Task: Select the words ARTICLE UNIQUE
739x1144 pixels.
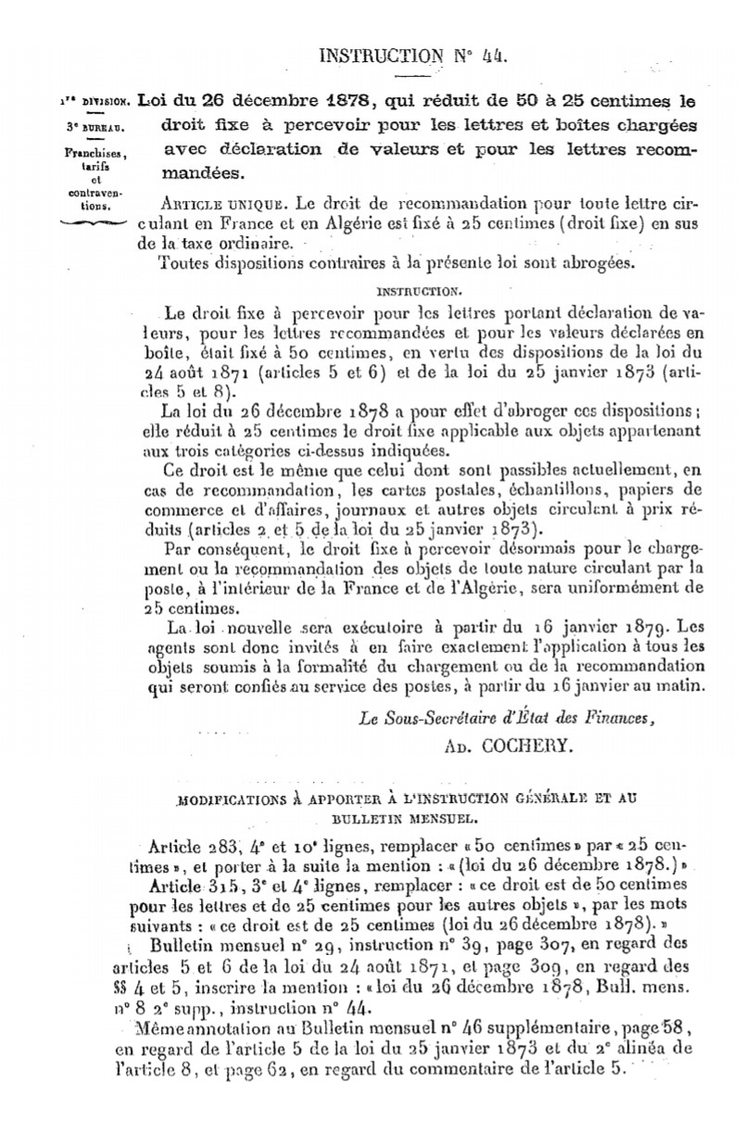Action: pos(207,202)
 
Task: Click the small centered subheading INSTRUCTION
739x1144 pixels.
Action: pos(412,290)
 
